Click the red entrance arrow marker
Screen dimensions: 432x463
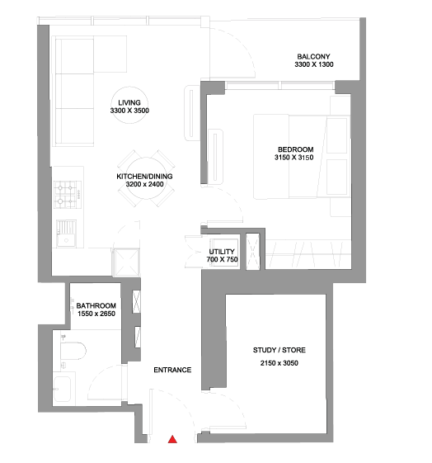pyautogui.click(x=172, y=439)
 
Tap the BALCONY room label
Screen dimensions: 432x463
pyautogui.click(x=313, y=56)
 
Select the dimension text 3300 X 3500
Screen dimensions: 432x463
pyautogui.click(x=129, y=111)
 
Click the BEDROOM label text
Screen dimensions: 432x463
pyautogui.click(x=295, y=149)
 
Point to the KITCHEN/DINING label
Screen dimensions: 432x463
pyautogui.click(x=144, y=177)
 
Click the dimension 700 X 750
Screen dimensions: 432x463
pyautogui.click(x=222, y=259)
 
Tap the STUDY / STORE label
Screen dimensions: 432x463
pyautogui.click(x=279, y=350)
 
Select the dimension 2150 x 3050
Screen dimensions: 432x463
pyautogui.click(x=279, y=363)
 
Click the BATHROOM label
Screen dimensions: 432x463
pyautogui.click(x=96, y=305)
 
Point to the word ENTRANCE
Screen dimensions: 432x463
pyautogui.click(x=172, y=370)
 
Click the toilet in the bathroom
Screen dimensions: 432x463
pyautogui.click(x=73, y=351)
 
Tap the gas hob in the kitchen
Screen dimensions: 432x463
pyautogui.click(x=68, y=195)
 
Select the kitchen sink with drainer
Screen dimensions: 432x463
pyautogui.click(x=66, y=234)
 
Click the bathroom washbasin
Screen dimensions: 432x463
pyautogui.click(x=62, y=390)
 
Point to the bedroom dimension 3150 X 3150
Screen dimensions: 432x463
pyautogui.click(x=294, y=158)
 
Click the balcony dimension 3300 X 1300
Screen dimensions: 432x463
pyautogui.click(x=314, y=64)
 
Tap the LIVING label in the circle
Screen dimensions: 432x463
pyautogui.click(x=129, y=102)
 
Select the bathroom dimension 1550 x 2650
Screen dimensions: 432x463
pyautogui.click(x=96, y=314)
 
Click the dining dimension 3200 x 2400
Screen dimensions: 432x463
pyautogui.click(x=145, y=184)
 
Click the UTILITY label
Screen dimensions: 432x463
pyautogui.click(x=222, y=252)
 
